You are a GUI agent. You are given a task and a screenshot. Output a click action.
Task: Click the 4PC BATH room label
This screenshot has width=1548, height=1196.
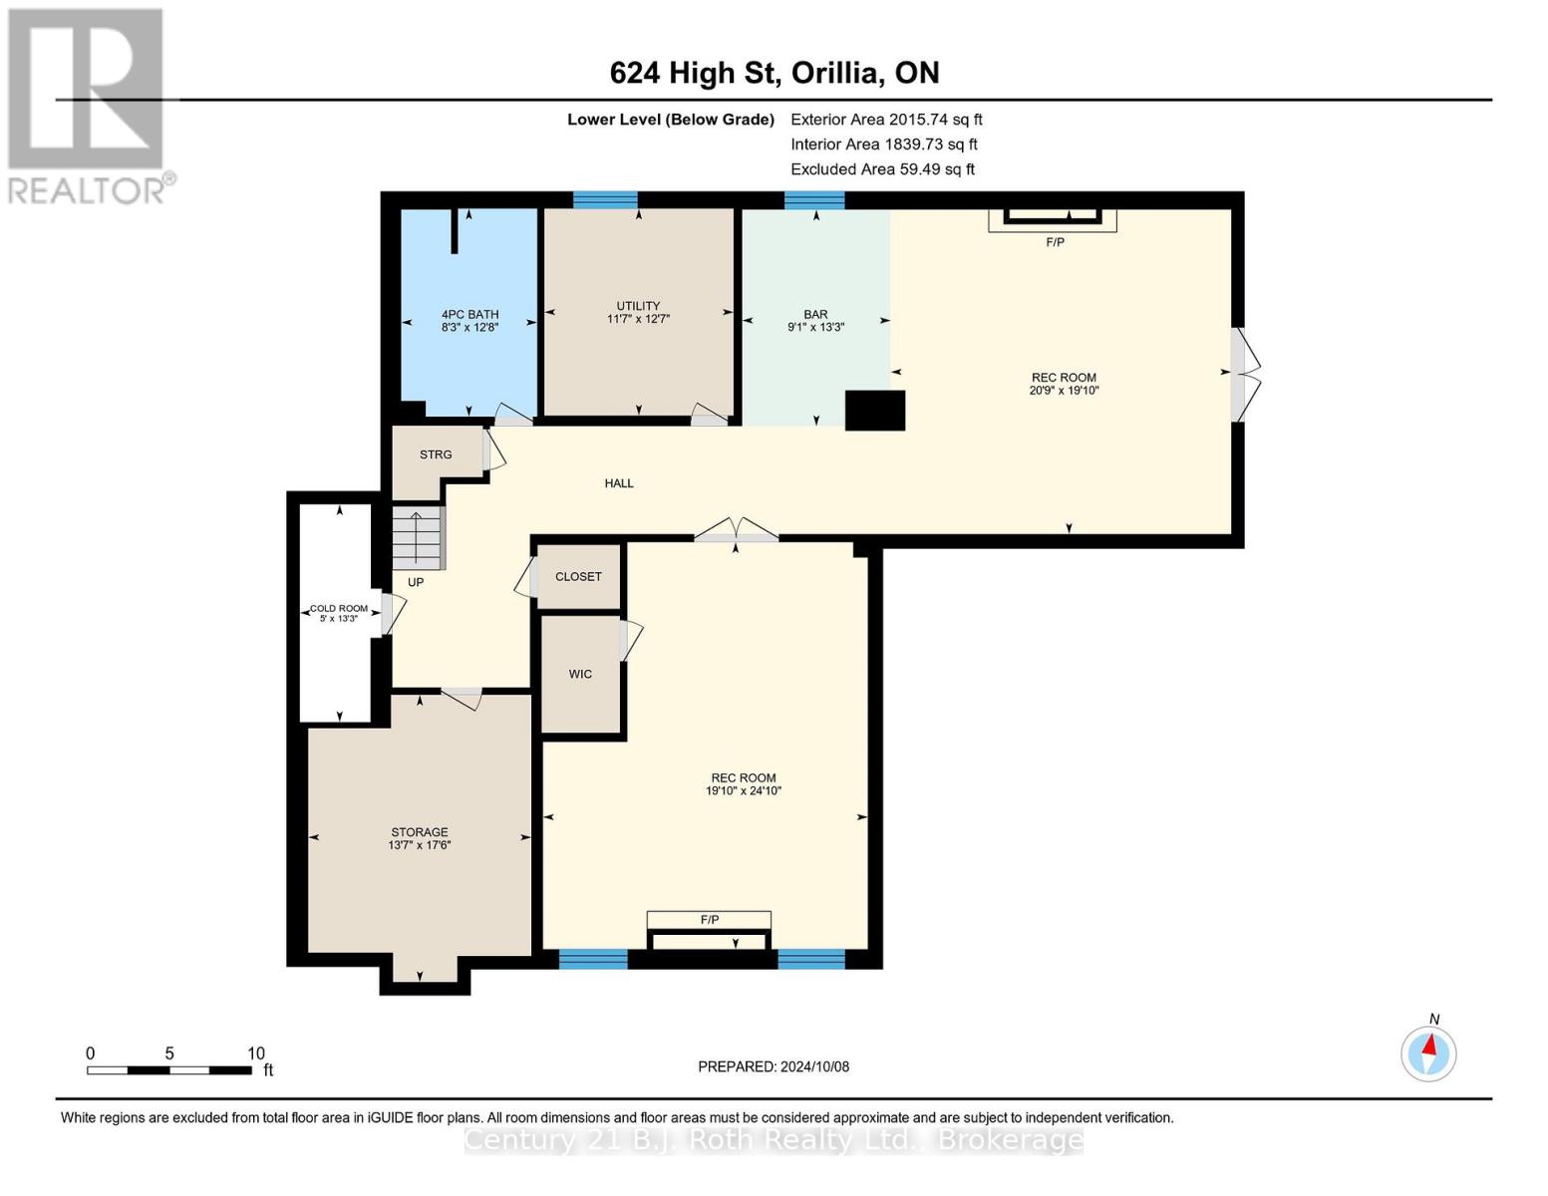[x=469, y=314]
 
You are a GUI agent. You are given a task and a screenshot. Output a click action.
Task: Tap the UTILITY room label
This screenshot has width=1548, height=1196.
[x=638, y=306]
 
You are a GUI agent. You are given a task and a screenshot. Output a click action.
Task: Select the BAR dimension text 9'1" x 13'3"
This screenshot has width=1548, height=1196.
[x=815, y=327]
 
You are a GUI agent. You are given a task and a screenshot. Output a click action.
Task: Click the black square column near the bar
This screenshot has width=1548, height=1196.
[x=875, y=411]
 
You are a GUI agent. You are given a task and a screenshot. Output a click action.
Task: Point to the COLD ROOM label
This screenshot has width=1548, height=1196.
[x=338, y=608]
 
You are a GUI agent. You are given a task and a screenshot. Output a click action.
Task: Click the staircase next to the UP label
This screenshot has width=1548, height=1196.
[x=419, y=538]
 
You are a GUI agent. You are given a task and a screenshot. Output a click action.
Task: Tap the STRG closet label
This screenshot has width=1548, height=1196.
[x=436, y=454]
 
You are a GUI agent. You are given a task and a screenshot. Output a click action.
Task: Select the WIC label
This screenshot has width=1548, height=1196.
[x=580, y=674]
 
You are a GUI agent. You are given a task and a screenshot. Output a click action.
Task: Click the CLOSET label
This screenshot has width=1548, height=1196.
[x=578, y=576]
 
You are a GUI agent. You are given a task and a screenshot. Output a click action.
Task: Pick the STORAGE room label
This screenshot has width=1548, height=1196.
[x=420, y=832]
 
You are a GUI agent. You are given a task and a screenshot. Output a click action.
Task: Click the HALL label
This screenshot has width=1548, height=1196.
[x=619, y=483]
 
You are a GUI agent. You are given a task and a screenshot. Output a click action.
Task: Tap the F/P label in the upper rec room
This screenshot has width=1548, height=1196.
[x=1055, y=242]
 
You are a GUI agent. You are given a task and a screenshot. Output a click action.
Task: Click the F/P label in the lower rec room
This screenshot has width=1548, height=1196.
[x=709, y=920]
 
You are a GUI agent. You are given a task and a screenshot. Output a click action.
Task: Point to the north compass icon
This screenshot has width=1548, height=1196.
[x=1428, y=1054]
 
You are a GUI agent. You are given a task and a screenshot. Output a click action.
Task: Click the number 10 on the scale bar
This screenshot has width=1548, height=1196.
[x=256, y=1052]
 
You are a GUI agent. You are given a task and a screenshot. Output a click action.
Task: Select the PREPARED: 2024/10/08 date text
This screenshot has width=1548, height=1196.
[x=774, y=1066]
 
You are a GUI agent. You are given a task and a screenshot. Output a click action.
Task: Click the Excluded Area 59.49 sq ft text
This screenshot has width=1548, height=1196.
[x=882, y=168]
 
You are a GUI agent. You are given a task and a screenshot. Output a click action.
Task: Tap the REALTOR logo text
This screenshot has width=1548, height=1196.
[x=86, y=190]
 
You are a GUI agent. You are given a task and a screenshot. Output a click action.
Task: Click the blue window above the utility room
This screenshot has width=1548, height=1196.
[x=605, y=200]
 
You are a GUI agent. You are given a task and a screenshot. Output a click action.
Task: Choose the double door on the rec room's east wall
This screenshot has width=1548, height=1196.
[x=1245, y=375]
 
